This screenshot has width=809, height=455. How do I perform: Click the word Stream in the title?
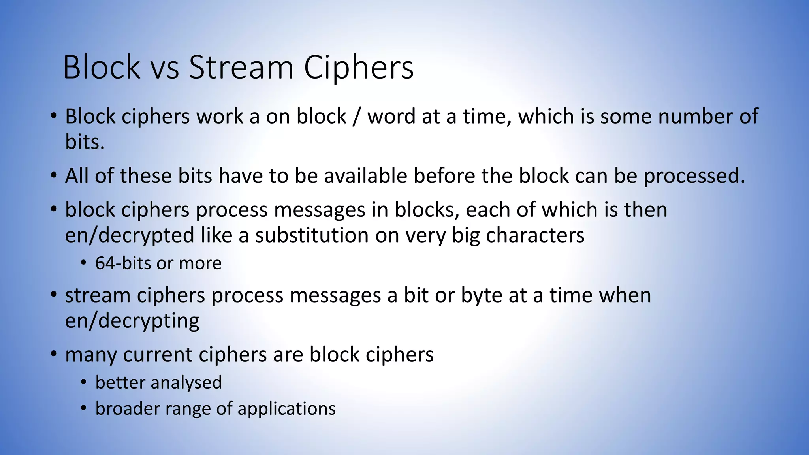241,67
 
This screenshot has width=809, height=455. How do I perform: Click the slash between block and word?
357,117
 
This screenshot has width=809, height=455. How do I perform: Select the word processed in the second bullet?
694,177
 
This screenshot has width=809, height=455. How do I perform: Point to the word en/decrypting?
132,321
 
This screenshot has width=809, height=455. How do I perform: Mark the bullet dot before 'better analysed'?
83,382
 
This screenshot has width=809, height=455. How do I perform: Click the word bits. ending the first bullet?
85,142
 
